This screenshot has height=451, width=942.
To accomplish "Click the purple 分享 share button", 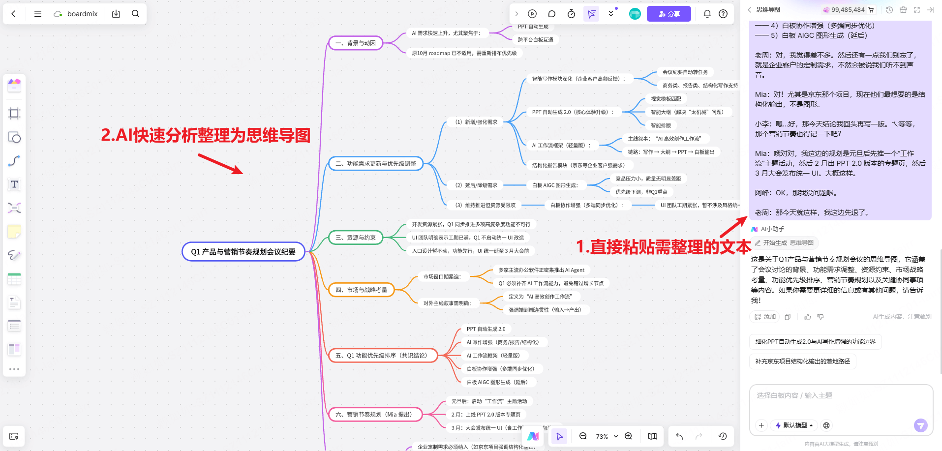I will pos(669,14).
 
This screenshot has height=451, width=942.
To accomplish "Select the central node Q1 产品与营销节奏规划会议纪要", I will pos(243,252).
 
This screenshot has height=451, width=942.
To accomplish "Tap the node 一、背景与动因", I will pos(356,43).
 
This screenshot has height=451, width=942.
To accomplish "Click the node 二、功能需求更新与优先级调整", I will pos(375,164).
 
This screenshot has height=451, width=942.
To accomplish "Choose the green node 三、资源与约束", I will pos(356,238).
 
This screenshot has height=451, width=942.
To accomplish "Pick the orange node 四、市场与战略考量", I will pos(361,290).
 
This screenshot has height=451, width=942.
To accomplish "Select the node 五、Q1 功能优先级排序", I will pos(383,356).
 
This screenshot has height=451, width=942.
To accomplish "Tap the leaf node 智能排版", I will pos(661,125).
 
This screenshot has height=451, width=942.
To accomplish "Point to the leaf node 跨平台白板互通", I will pos(535,40).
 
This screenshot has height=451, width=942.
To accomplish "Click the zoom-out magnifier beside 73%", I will pos(583,436).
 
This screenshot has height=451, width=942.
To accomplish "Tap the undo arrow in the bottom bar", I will pos(679,436).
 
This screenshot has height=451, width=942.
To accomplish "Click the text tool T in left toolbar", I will pos(14,184).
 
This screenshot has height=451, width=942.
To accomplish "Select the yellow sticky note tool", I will pos(14,231).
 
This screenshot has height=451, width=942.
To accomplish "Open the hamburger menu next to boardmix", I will pos(38,14).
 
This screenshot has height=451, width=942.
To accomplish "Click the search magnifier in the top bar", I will pos(135,14).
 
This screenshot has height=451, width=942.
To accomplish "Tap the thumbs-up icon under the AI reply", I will pos(807,317).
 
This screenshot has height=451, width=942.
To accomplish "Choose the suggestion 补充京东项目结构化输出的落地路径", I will pos(802,361).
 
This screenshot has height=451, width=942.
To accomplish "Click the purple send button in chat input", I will pos(920,425).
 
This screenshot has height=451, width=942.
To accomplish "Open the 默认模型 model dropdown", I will pos(794,425).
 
